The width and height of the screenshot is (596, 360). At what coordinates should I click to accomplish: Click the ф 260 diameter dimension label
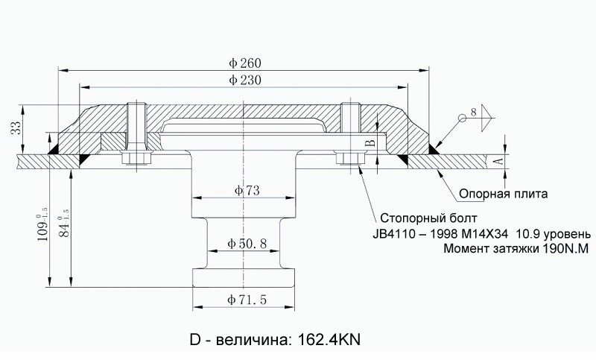(x=245, y=63)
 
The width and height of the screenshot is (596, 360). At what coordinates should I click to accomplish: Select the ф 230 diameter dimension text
(x=245, y=80)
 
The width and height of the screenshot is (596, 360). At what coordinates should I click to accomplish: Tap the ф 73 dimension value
(x=247, y=190)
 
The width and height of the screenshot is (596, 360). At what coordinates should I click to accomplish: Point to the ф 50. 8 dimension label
(x=247, y=243)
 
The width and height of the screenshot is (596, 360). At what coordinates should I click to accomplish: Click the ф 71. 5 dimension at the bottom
(x=247, y=300)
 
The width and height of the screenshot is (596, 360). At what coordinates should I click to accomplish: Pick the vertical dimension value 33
(x=16, y=128)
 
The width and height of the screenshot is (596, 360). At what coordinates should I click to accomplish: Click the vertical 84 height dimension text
(x=64, y=224)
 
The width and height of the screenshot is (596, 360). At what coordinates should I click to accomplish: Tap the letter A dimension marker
(x=500, y=161)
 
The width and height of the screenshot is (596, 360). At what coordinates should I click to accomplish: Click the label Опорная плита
(x=504, y=194)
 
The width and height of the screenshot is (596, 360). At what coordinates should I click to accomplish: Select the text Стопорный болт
(x=428, y=218)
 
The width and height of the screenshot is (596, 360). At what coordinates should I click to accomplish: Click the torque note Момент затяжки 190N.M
(x=516, y=249)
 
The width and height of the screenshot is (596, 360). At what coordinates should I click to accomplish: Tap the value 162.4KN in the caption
(x=329, y=339)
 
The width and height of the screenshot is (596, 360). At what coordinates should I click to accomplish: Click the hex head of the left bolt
(x=137, y=158)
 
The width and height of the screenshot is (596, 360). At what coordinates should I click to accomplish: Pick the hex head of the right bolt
(x=350, y=158)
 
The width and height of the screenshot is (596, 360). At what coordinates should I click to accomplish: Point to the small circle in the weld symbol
(x=462, y=119)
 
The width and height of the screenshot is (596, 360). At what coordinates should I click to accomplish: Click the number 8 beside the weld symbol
(x=473, y=112)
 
